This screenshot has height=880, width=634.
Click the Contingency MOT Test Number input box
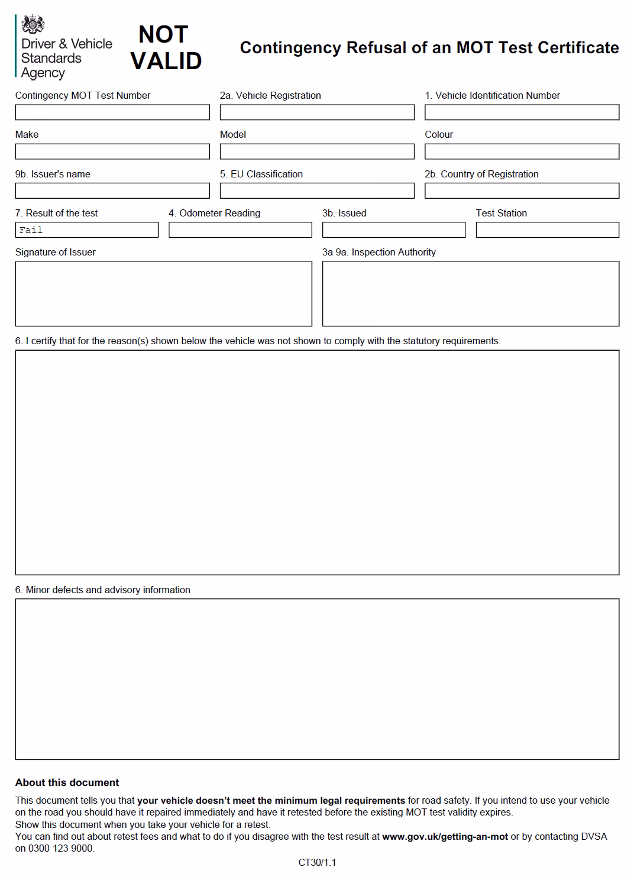click(x=112, y=112)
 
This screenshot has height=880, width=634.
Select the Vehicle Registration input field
click(x=317, y=112)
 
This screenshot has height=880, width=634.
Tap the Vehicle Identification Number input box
click(x=522, y=112)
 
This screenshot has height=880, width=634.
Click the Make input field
click(x=112, y=151)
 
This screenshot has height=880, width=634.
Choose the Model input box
click(x=317, y=151)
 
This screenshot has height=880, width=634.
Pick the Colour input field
click(x=522, y=151)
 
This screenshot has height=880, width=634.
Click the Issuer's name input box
click(x=112, y=190)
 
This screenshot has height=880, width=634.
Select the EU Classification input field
click(x=317, y=190)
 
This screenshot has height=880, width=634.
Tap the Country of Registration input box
click(x=522, y=190)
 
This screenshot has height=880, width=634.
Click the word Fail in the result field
click(x=31, y=230)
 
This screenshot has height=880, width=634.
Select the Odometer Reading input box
click(x=240, y=229)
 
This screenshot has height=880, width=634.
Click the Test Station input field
click(x=547, y=229)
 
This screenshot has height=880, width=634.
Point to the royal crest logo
click(x=33, y=25)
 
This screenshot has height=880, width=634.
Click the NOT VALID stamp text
click(x=165, y=48)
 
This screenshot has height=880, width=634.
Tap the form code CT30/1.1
click(x=317, y=862)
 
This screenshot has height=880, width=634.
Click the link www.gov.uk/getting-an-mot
click(x=445, y=836)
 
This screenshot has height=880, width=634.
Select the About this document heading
click(x=67, y=782)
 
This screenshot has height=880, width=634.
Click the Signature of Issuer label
click(x=55, y=252)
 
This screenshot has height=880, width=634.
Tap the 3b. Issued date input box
click(x=394, y=229)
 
